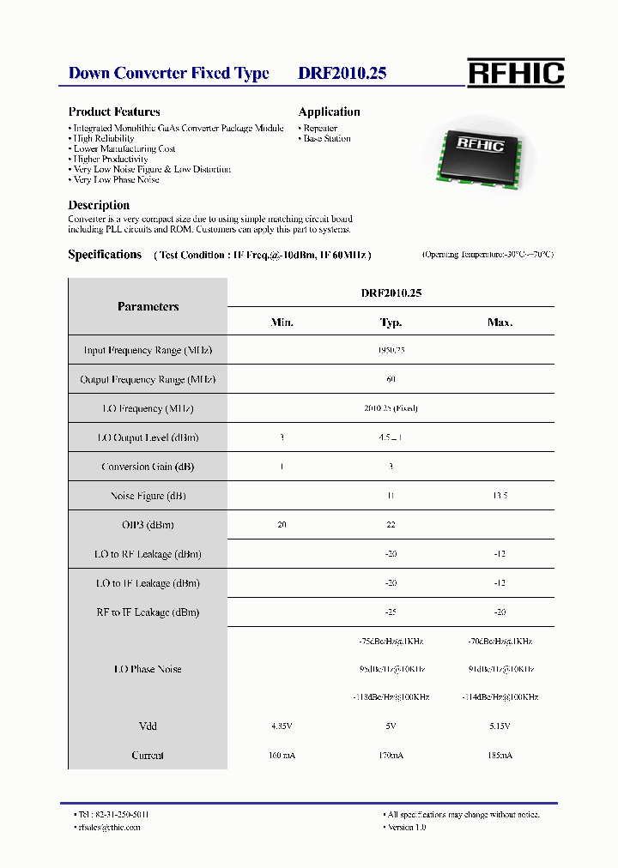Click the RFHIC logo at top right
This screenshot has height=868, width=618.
516,73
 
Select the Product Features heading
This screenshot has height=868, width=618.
114,112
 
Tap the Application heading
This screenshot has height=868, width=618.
329,112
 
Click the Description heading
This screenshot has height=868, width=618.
99,205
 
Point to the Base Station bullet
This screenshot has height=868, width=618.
326,138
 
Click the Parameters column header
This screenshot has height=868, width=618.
148,306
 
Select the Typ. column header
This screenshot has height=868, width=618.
391,322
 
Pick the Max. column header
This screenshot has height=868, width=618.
500,322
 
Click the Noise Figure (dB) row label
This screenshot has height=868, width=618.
148,496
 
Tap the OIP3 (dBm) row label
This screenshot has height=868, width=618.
148,525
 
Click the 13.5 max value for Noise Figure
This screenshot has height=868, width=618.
500,496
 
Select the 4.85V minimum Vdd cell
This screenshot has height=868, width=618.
282,726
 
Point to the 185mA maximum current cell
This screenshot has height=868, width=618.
500,756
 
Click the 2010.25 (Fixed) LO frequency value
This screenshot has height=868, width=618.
391,408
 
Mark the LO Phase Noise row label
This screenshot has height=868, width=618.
148,669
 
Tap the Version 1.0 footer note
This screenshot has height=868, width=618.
406,827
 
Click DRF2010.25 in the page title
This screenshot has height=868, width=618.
342,74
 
